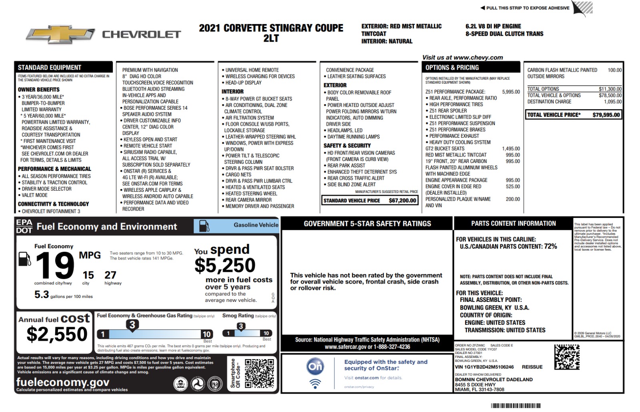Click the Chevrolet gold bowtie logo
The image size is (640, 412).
[60, 35]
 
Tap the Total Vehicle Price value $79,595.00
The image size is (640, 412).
[606, 115]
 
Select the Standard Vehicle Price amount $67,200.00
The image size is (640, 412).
[402, 201]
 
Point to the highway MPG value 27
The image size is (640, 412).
[110, 275]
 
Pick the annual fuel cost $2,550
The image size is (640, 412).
[57, 334]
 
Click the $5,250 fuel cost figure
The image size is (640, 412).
[225, 265]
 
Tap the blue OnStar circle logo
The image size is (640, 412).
[315, 366]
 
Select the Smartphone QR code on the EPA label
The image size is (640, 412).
[259, 373]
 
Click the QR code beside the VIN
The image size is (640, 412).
[567, 357]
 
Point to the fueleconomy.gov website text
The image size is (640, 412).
[63, 382]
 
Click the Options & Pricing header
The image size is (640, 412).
[452, 68]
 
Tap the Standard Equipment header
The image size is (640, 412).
[50, 68]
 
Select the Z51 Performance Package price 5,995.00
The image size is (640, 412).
[511, 92]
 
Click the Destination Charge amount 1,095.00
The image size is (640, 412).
[613, 102]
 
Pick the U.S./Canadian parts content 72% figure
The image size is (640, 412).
[550, 246]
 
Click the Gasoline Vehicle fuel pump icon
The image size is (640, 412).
[204, 226]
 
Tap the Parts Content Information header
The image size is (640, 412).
[513, 223]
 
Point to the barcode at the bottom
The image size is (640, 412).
[516, 406]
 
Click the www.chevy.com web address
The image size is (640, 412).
[478, 58]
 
